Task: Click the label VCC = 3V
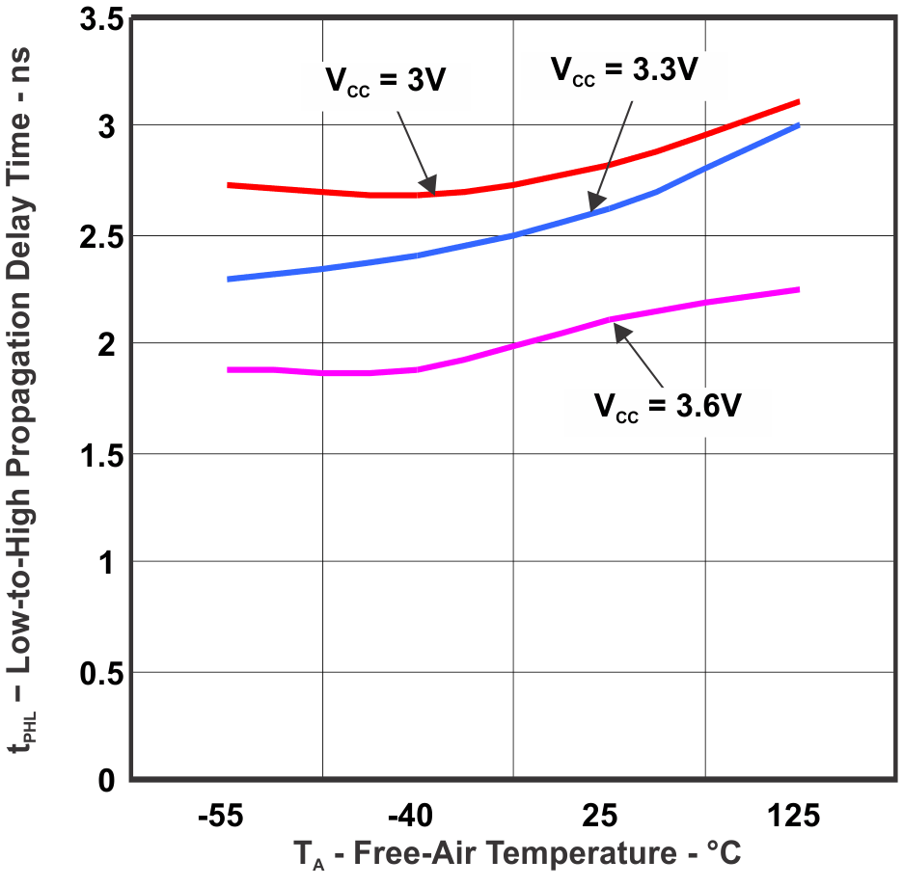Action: tap(384, 81)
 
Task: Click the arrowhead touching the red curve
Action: tap(428, 184)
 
